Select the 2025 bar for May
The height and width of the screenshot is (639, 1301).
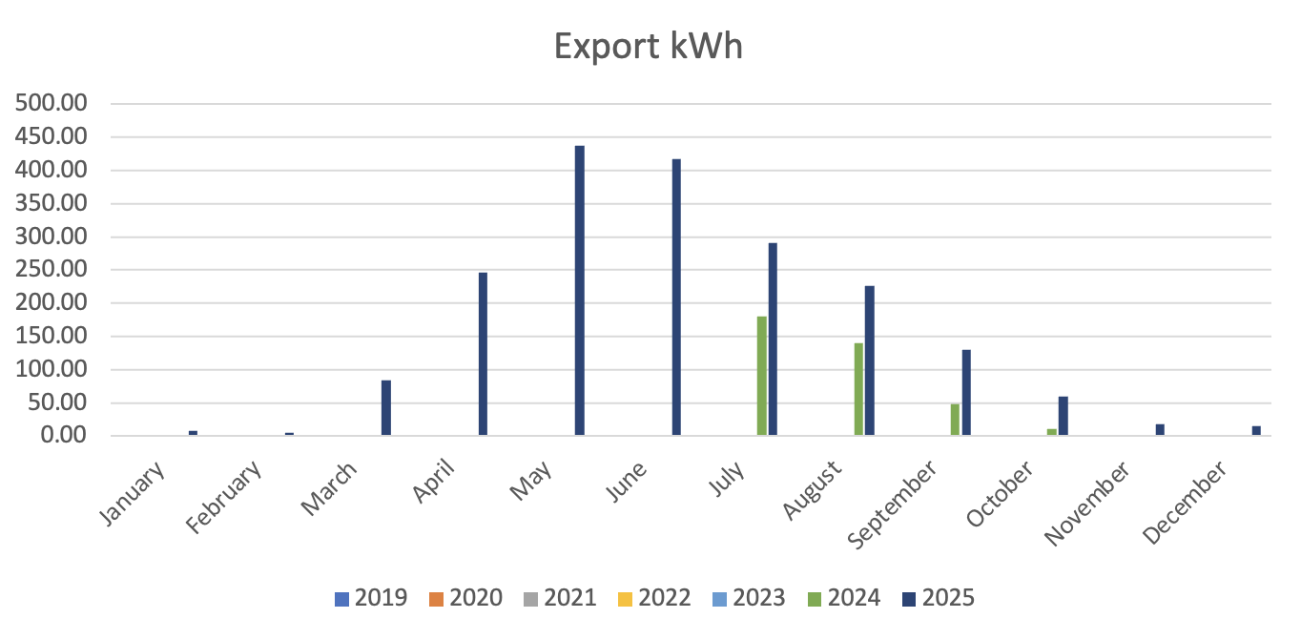point(579,291)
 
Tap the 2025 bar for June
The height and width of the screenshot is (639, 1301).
point(676,298)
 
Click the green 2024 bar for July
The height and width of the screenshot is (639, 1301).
point(761,376)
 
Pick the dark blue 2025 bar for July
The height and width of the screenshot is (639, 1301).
point(773,340)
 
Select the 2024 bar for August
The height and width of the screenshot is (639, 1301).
point(858,389)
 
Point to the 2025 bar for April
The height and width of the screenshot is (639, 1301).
point(483,354)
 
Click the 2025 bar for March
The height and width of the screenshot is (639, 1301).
point(386,408)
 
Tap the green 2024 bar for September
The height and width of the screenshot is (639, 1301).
point(955,420)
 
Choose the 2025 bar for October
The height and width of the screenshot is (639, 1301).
point(1063,417)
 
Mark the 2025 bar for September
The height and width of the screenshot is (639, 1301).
point(966,393)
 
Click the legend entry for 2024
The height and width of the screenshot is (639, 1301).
point(844,599)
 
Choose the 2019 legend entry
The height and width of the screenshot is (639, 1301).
point(372,599)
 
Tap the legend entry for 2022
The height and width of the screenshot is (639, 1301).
point(655,599)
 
